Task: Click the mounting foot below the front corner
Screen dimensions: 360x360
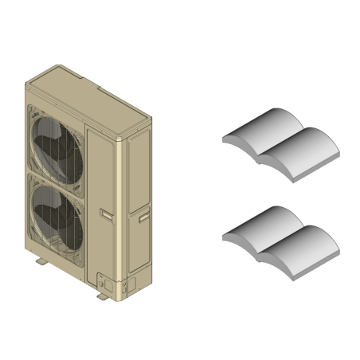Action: tap(103, 297)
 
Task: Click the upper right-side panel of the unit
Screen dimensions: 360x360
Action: tap(134, 171)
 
